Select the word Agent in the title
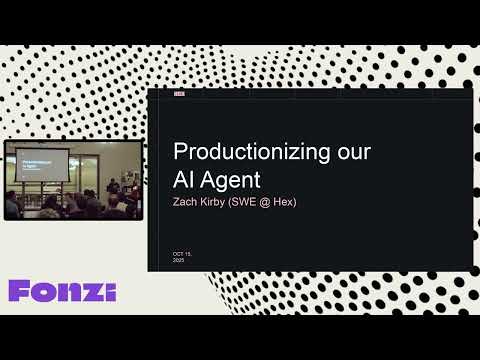[x=231, y=181]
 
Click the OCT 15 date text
[x=181, y=254]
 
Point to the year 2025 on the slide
[x=178, y=260]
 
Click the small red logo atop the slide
[x=179, y=94]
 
